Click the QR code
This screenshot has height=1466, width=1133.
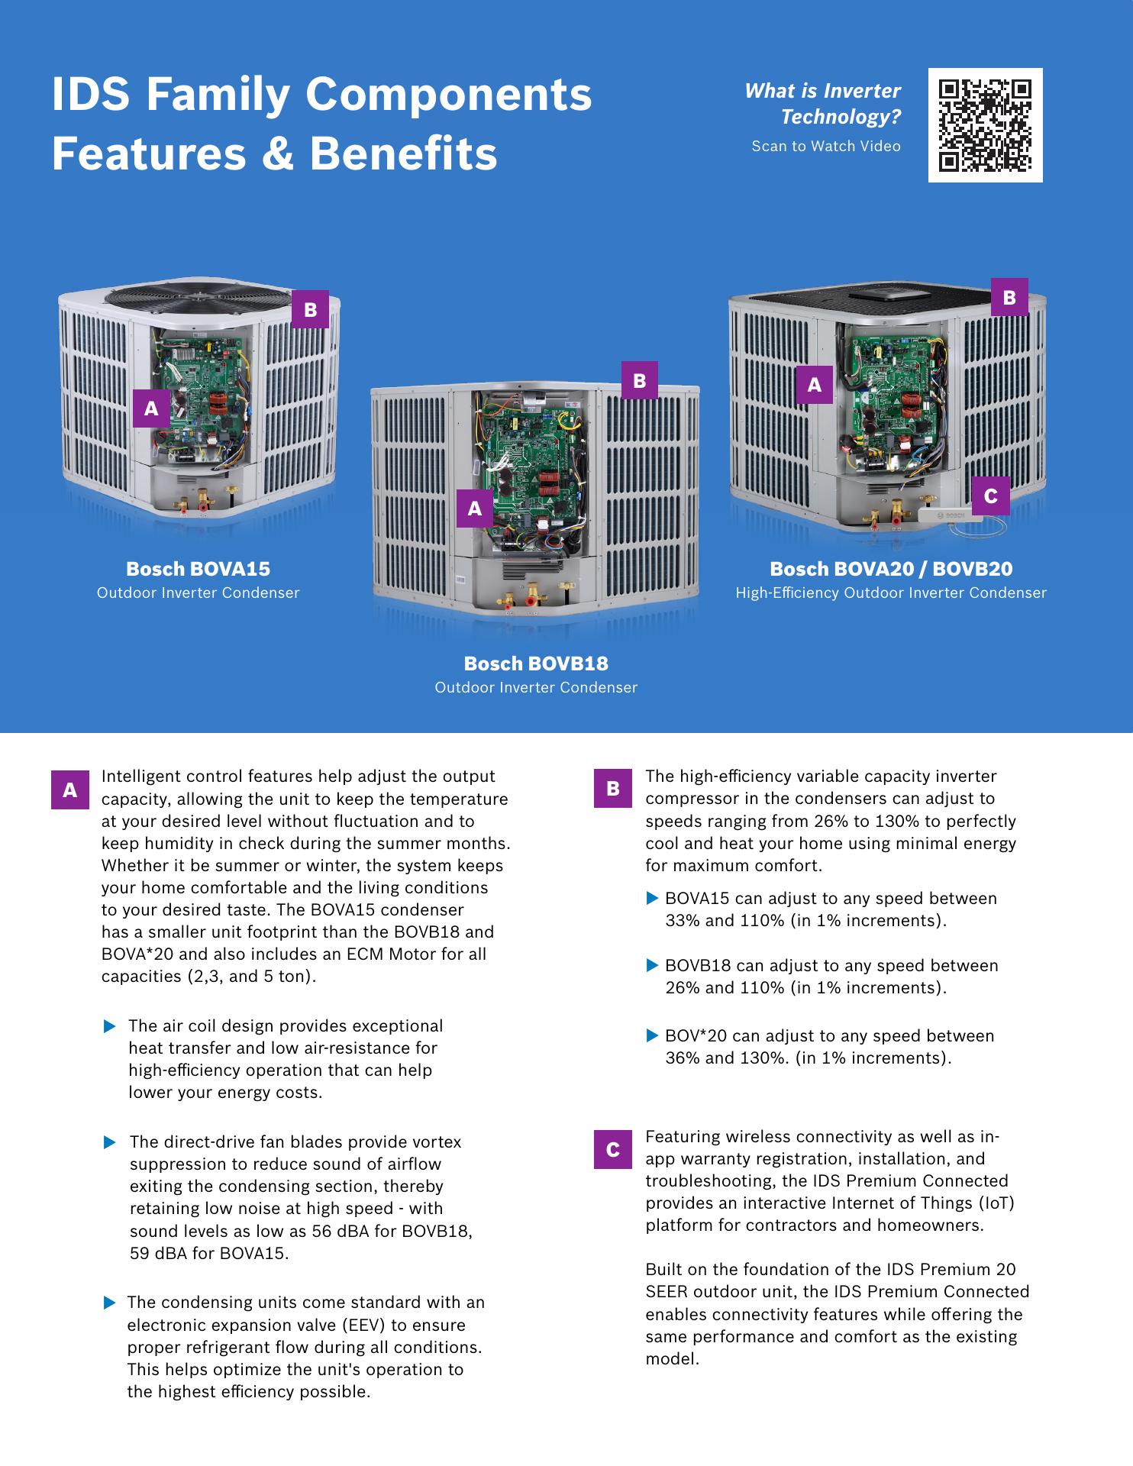(985, 125)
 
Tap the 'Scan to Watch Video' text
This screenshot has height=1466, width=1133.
(825, 146)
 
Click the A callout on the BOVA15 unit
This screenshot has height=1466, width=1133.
(151, 408)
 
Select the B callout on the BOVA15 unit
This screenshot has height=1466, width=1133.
(310, 309)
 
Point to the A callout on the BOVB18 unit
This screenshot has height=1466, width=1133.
(475, 508)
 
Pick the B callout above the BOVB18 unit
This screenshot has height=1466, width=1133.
(640, 380)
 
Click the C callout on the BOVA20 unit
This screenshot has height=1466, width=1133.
(990, 496)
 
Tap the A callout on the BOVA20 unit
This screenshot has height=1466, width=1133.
(815, 385)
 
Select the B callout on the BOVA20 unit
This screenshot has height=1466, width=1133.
(1009, 297)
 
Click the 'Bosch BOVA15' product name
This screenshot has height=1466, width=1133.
(198, 569)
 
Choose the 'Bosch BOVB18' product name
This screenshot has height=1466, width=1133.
(536, 664)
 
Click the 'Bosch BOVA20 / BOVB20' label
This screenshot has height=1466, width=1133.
(891, 569)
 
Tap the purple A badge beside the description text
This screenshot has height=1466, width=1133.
(70, 790)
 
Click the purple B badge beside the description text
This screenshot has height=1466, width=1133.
(613, 789)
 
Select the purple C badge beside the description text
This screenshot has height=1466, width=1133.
(613, 1149)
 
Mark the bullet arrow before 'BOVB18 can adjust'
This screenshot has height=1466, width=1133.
(652, 966)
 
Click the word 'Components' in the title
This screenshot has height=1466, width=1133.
(449, 95)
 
